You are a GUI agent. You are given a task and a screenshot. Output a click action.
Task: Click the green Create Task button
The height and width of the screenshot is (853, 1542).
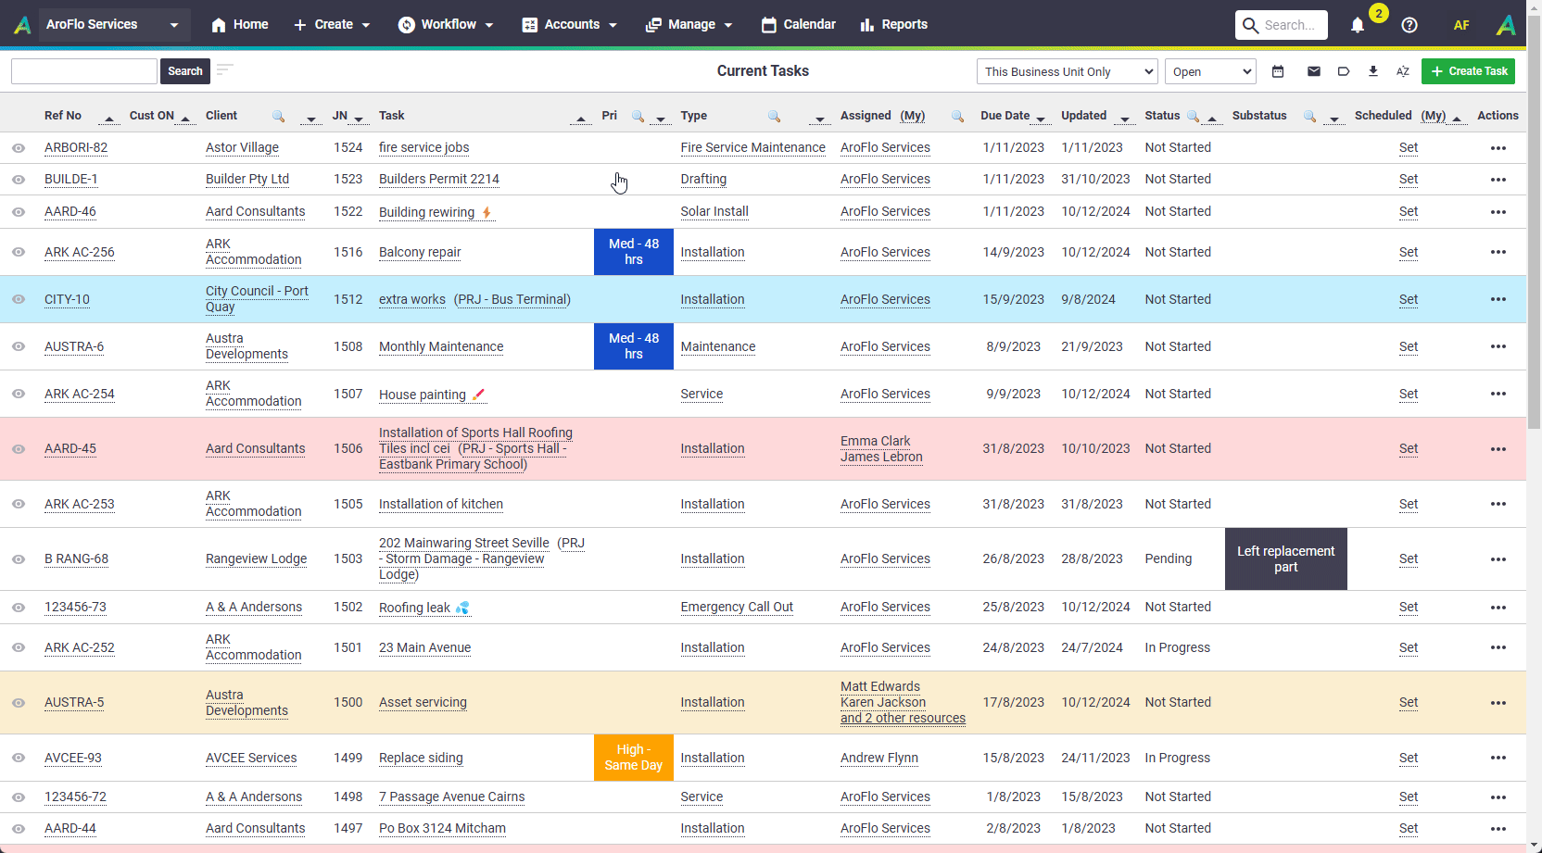pos(1468,71)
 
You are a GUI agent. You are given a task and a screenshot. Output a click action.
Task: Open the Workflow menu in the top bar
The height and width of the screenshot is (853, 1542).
pos(446,25)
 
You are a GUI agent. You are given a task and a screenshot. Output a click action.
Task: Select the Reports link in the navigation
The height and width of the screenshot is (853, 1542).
pos(893,25)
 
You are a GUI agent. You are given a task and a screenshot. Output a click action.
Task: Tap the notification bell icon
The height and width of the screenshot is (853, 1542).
pos(1357,25)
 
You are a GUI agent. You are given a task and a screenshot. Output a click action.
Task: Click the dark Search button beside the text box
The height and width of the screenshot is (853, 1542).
pos(185,71)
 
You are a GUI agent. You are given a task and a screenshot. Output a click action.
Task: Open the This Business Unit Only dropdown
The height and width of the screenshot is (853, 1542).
pos(1067,71)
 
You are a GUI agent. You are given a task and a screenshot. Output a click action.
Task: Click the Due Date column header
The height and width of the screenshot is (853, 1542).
pos(1005,116)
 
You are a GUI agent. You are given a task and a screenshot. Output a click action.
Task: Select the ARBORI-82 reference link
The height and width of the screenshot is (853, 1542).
pos(76,148)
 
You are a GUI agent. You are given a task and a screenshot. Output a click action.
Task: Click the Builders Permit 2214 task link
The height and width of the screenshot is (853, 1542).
pos(438,180)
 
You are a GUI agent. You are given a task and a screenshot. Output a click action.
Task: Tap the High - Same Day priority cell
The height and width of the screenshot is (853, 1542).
pos(633,758)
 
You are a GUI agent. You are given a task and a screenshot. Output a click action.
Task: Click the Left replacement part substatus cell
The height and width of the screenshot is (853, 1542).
pos(1285,559)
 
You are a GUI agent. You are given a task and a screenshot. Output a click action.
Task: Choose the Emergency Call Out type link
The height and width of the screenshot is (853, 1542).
pos(737,608)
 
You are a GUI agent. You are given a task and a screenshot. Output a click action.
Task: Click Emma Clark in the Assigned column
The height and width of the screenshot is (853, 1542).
pos(875,441)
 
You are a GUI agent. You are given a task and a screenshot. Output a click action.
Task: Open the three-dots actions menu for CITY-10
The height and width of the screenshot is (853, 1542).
pos(1498,300)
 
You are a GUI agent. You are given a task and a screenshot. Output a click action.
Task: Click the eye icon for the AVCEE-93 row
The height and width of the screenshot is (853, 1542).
pos(19,759)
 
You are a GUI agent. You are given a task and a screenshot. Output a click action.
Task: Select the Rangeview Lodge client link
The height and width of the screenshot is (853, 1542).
pos(256,559)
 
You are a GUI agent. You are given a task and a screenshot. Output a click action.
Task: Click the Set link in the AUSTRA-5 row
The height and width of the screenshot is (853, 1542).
pos(1408,702)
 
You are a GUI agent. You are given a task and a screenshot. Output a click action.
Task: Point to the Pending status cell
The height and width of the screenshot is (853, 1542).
pos(1169,559)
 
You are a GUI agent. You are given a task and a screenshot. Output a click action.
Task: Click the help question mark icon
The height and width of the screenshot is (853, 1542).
pos(1409,25)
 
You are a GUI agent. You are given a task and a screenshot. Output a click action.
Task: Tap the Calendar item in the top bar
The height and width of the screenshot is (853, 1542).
pos(799,25)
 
